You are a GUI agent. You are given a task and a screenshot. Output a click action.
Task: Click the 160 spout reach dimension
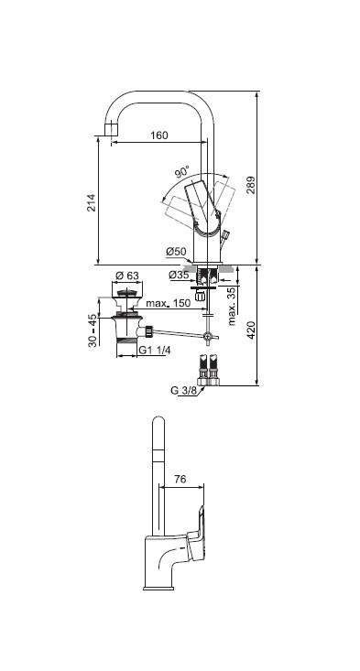coord(159,135)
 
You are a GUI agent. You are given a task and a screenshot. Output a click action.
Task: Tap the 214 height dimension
coord(92,202)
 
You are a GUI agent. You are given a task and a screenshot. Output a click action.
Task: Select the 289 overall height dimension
coord(250,184)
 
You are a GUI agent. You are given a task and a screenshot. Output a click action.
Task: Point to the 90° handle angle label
coord(182,172)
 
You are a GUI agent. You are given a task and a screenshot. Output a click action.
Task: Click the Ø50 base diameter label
coord(177,252)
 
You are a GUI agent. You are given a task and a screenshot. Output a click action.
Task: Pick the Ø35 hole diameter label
coord(179,276)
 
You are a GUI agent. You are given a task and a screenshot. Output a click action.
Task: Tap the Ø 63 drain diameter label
coord(127,276)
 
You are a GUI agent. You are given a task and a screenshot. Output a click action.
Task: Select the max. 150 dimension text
coord(168,303)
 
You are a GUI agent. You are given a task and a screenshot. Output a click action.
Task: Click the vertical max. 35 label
coord(232,307)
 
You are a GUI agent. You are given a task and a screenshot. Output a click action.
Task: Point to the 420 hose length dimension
coord(251,330)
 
